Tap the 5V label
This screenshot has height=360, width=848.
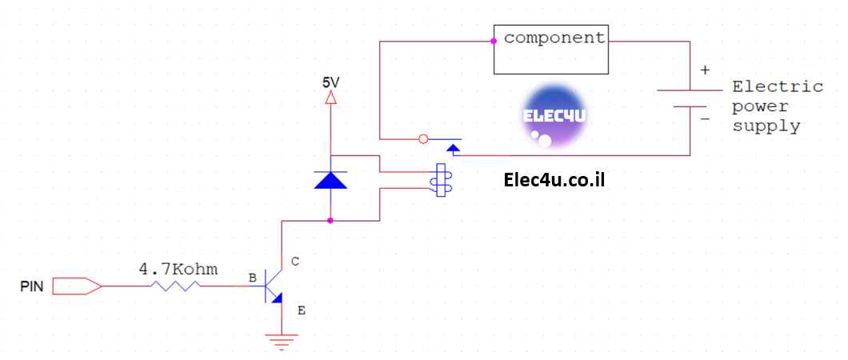[330, 82]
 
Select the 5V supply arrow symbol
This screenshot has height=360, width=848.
[330, 98]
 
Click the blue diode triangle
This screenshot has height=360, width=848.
[330, 179]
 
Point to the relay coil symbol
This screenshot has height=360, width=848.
[440, 180]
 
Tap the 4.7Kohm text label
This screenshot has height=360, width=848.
[178, 269]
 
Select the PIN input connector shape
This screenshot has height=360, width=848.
[77, 286]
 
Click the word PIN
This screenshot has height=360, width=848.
[31, 286]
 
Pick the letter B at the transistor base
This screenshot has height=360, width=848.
[253, 278]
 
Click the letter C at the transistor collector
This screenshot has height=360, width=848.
[294, 262]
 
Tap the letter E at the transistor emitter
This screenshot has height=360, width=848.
[302, 310]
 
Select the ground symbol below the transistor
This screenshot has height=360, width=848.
[282, 342]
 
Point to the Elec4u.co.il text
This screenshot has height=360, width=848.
[554, 179]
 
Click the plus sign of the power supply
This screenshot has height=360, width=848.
[705, 70]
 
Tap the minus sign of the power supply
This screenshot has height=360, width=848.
[705, 118]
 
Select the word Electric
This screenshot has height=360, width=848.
[778, 86]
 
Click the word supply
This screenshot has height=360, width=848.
[766, 127]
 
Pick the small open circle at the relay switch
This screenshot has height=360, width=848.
[423, 139]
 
